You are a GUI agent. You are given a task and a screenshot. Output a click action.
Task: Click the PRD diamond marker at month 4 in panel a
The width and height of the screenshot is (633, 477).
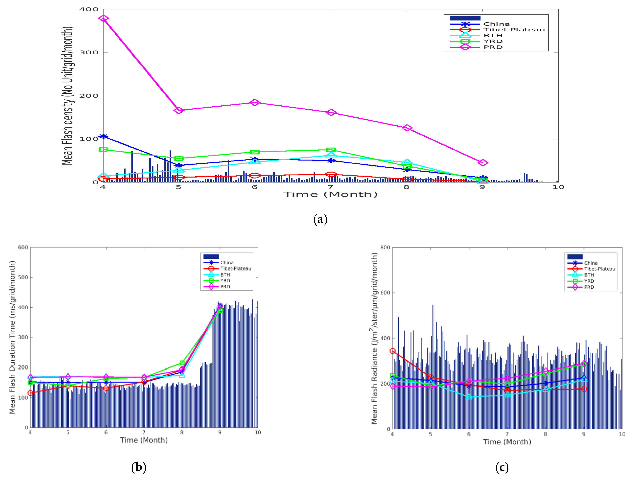[103, 18]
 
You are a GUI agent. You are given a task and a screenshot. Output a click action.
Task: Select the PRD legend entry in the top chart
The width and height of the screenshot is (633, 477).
[493, 47]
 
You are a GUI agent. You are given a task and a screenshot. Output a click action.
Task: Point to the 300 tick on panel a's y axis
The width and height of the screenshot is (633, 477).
[89, 52]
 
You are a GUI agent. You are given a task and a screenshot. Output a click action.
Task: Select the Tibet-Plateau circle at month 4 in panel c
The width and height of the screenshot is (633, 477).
[393, 351]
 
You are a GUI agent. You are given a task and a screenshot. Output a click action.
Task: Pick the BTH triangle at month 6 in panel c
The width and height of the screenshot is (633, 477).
[469, 397]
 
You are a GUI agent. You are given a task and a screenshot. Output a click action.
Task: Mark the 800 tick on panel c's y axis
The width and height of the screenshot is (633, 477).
[385, 247]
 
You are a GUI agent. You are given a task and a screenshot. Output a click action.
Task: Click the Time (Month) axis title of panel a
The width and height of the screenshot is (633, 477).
[330, 194]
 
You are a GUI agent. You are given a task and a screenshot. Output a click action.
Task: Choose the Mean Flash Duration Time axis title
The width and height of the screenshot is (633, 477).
[12, 337]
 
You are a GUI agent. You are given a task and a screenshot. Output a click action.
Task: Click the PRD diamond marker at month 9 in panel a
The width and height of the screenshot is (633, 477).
[482, 163]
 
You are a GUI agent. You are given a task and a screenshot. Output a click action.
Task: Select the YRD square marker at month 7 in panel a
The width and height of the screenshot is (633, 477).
[331, 150]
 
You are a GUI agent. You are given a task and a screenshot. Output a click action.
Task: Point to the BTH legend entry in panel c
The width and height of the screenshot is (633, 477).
[589, 275]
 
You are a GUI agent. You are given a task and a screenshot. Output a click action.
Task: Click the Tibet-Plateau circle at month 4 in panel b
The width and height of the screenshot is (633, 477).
[30, 393]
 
